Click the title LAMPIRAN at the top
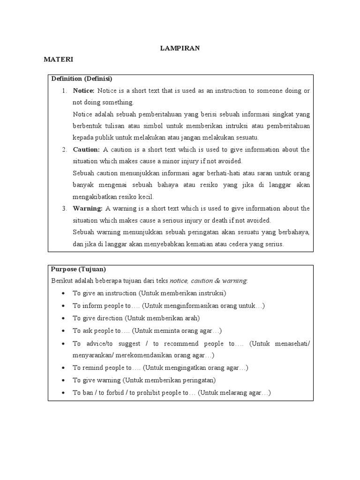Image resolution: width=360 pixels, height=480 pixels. [x=180, y=48]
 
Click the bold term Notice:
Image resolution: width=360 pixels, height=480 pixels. [x=84, y=90]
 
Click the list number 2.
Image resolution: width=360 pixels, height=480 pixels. [x=64, y=150]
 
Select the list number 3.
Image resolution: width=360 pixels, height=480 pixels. [x=64, y=209]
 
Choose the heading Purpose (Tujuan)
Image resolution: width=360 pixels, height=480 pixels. [x=79, y=269]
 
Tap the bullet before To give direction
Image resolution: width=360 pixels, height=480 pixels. [x=63, y=318]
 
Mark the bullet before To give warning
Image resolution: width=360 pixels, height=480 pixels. [x=63, y=381]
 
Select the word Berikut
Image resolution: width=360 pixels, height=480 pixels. [x=61, y=281]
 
